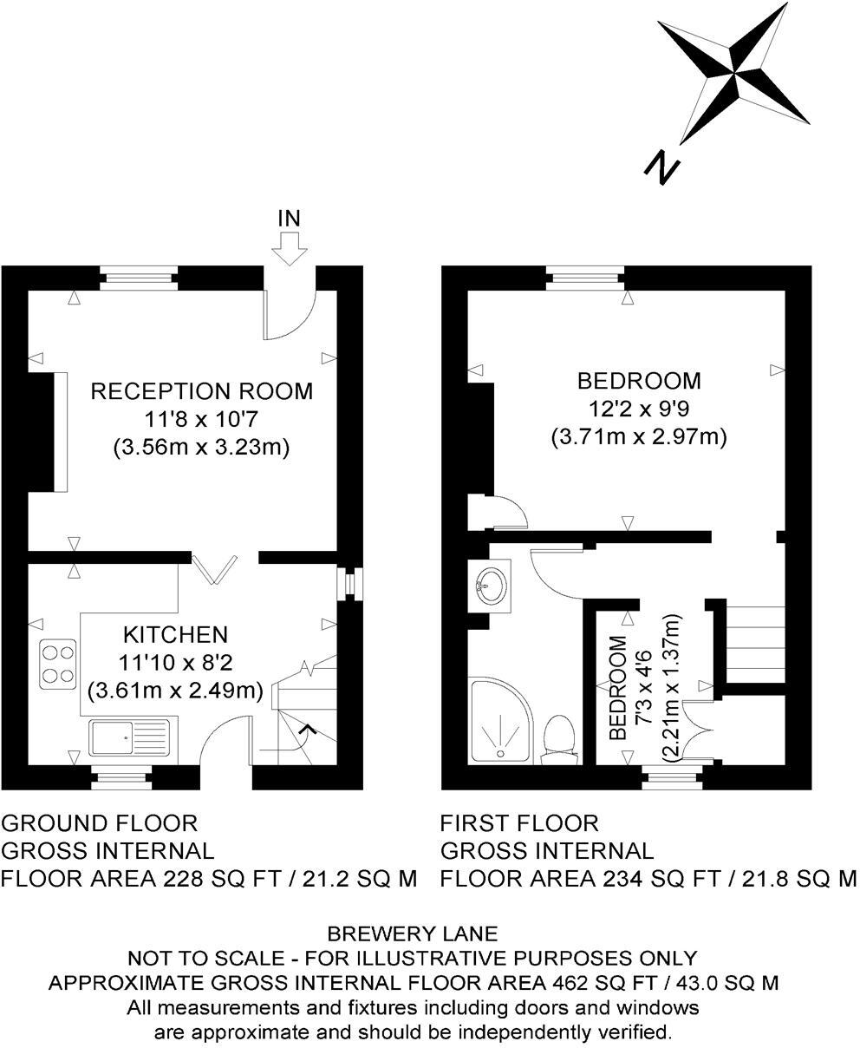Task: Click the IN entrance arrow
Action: click(289, 250)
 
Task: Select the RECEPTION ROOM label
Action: click(202, 391)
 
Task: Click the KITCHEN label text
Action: click(174, 634)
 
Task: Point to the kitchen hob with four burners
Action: click(57, 664)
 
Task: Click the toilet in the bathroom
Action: click(559, 740)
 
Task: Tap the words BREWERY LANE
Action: click(412, 934)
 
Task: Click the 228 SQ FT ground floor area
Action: click(223, 879)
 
